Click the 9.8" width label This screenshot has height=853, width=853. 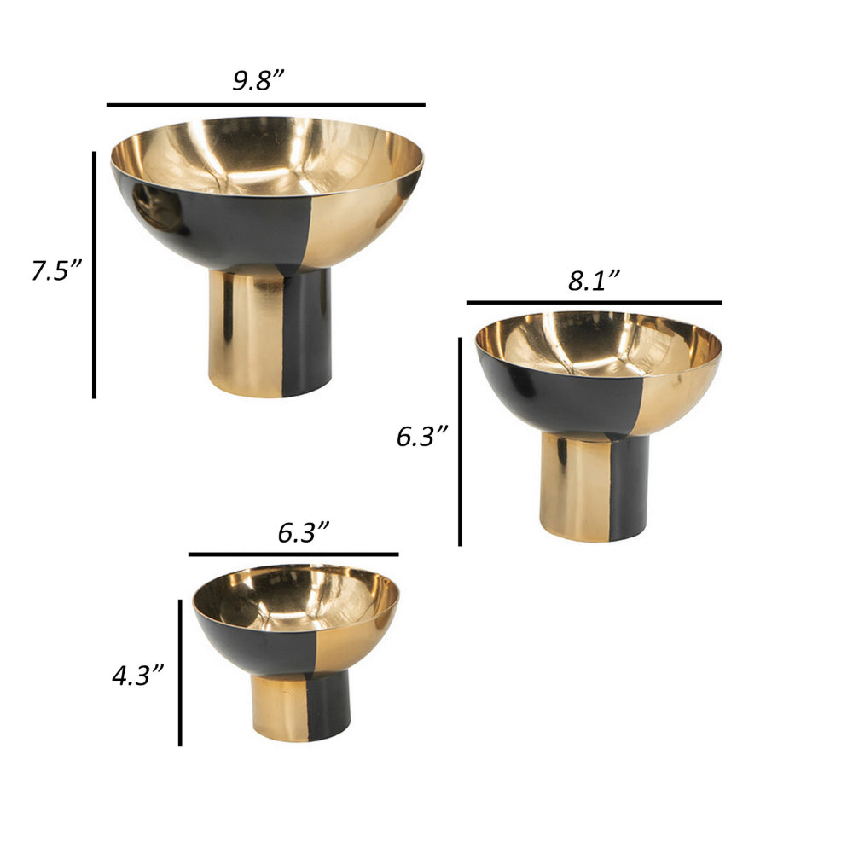click(x=258, y=80)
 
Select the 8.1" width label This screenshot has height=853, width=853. click(x=594, y=281)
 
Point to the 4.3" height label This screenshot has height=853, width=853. click(x=137, y=676)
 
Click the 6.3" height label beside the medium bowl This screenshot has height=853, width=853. click(x=422, y=437)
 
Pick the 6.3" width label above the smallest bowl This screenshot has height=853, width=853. click(x=304, y=533)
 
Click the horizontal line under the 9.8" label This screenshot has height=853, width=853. click(x=265, y=105)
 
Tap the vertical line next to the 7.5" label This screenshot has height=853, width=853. click(x=94, y=273)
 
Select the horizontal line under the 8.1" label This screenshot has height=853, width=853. click(x=594, y=302)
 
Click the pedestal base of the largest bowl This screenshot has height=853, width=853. click(x=270, y=333)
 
